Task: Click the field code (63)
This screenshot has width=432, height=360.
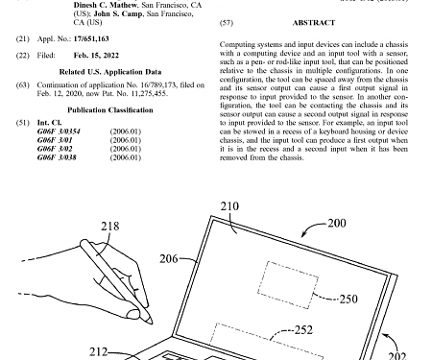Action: [23, 84]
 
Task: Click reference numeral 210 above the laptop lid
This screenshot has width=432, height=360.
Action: [231, 205]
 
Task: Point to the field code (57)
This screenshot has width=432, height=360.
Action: [228, 20]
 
